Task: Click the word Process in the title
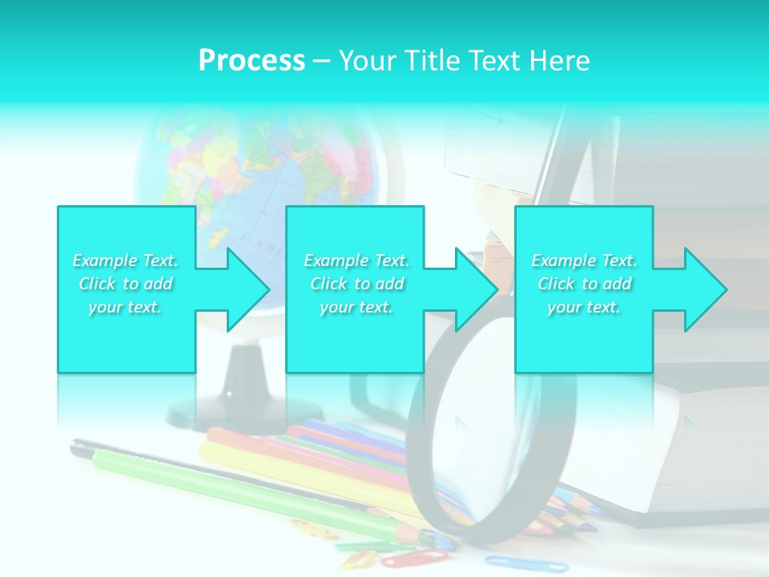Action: tap(252, 61)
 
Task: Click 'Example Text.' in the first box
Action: tap(126, 260)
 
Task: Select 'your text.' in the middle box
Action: tap(356, 308)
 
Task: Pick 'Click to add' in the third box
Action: tap(585, 284)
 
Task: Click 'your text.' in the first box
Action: tap(126, 308)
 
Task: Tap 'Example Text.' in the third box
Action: tap(585, 260)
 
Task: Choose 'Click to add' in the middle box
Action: tap(356, 284)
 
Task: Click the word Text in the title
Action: tap(489, 61)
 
